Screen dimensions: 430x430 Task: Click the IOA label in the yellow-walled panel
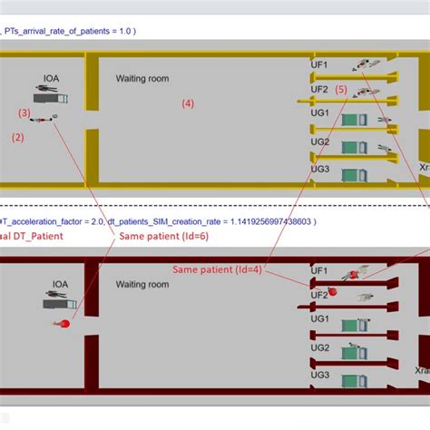(52, 79)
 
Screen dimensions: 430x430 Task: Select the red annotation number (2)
(17, 137)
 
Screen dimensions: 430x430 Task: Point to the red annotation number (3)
(24, 112)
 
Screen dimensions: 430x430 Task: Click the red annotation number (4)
(187, 103)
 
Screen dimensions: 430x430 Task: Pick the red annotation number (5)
(340, 89)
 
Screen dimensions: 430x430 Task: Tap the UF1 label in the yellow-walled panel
(319, 65)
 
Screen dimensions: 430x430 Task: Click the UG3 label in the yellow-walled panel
(319, 168)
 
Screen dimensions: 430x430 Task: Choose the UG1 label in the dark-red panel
(319, 319)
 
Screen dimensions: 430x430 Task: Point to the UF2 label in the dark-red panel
(319, 295)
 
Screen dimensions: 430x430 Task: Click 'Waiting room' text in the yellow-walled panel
(142, 79)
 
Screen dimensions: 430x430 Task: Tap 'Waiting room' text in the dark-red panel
(142, 284)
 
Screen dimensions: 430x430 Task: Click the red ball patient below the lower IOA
(64, 323)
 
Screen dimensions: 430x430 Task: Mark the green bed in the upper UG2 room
(350, 146)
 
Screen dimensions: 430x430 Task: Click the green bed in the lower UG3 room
(351, 376)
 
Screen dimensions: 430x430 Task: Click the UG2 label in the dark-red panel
(319, 347)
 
